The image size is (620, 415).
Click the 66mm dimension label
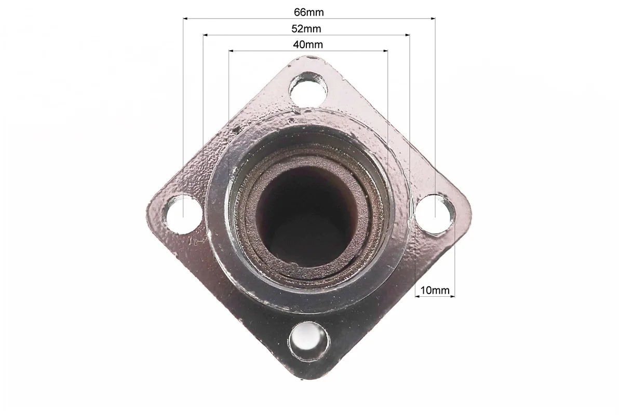(309, 12)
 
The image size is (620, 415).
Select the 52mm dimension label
(306, 29)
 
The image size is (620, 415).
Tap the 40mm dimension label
(308, 45)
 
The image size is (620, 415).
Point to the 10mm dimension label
(435, 290)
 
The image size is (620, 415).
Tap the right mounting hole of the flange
(435, 213)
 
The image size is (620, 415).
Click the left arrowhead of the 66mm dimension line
(185, 18)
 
